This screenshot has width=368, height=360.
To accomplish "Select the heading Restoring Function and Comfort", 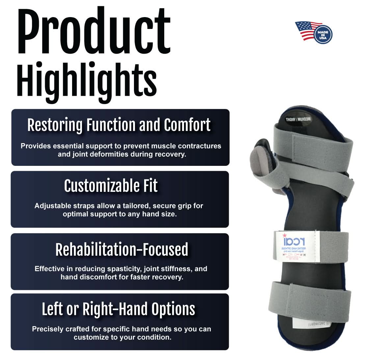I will pos(119,125).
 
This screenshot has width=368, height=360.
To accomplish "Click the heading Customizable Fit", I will pos(111,186).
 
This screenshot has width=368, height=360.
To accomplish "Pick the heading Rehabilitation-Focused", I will pos(122,250).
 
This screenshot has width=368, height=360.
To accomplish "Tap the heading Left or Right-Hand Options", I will pos(118,309).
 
